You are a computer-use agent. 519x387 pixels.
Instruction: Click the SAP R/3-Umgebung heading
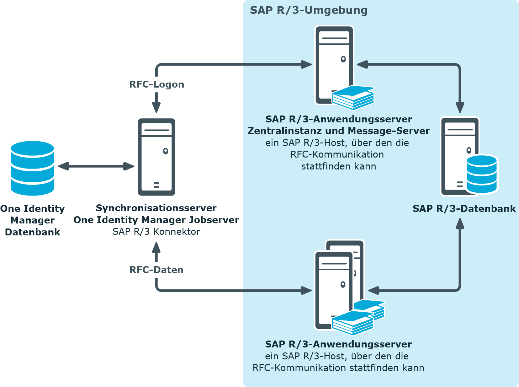click(x=309, y=11)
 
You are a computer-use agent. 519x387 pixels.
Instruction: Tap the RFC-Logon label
click(x=156, y=84)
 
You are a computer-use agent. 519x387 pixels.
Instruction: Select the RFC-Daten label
click(x=156, y=270)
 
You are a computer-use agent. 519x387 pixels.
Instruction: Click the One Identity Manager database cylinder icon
click(x=32, y=168)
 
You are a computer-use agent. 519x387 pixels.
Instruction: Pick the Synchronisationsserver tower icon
click(x=156, y=157)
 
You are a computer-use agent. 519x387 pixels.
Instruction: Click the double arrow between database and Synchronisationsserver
click(x=96, y=166)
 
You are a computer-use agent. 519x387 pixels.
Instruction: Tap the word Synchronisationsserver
click(x=156, y=208)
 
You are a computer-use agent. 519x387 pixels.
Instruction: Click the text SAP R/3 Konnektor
click(x=156, y=231)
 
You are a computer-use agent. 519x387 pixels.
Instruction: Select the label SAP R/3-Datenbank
click(x=464, y=208)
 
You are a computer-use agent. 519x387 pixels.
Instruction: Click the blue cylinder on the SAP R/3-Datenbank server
click(x=482, y=174)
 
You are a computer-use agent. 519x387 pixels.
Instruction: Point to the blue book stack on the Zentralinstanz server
click(x=353, y=97)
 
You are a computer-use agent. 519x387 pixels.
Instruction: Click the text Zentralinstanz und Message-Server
click(x=339, y=131)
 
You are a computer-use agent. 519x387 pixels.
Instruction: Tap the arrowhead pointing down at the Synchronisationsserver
click(x=156, y=107)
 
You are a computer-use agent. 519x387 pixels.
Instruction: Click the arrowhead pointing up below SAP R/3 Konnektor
click(x=156, y=247)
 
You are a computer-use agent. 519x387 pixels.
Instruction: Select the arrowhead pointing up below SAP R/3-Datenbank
click(x=460, y=223)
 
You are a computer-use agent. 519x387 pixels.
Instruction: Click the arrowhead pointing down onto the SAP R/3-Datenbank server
click(x=460, y=108)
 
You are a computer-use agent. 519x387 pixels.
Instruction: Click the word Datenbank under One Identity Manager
click(x=33, y=232)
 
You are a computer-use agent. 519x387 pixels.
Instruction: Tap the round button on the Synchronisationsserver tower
click(x=166, y=151)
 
